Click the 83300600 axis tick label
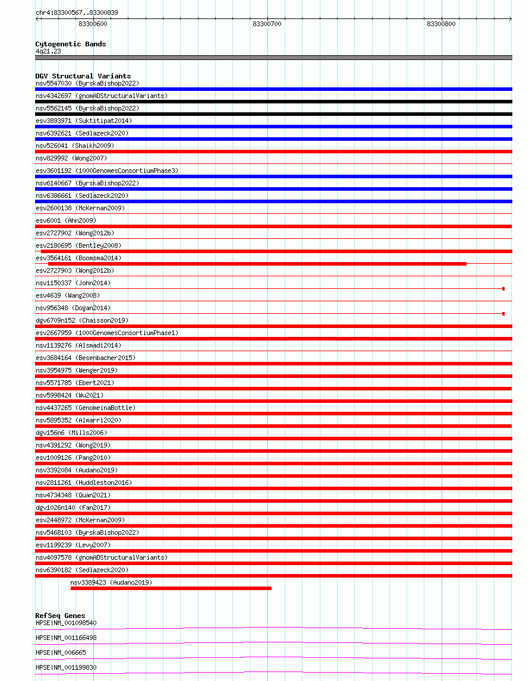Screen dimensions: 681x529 pyautogui.click(x=93, y=24)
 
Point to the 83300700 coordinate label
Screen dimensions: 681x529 pyautogui.click(x=267, y=24)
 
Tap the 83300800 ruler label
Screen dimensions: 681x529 pyautogui.click(x=441, y=24)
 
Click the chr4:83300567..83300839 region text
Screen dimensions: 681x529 pyautogui.click(x=77, y=12)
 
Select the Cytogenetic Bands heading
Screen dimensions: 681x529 pyautogui.click(x=71, y=44)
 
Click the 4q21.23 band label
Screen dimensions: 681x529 pyautogui.click(x=48, y=51)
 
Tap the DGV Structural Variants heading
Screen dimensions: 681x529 pyautogui.click(x=83, y=76)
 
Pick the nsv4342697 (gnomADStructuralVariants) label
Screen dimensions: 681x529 pyautogui.click(x=102, y=96)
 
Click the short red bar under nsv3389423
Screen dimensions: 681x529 pyautogui.click(x=171, y=588)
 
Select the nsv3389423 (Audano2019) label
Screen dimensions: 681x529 pyautogui.click(x=111, y=582)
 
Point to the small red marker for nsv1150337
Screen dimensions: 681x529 pyautogui.click(x=503, y=289)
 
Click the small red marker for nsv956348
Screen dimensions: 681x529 pyautogui.click(x=503, y=314)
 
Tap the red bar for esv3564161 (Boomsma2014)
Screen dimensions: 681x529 pyautogui.click(x=257, y=264)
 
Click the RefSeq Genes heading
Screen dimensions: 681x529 pyautogui.click(x=60, y=616)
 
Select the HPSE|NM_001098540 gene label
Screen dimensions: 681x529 pyautogui.click(x=66, y=623)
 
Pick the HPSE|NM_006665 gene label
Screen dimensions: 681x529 pyautogui.click(x=61, y=652)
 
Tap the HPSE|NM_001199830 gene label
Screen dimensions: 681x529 pyautogui.click(x=66, y=667)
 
